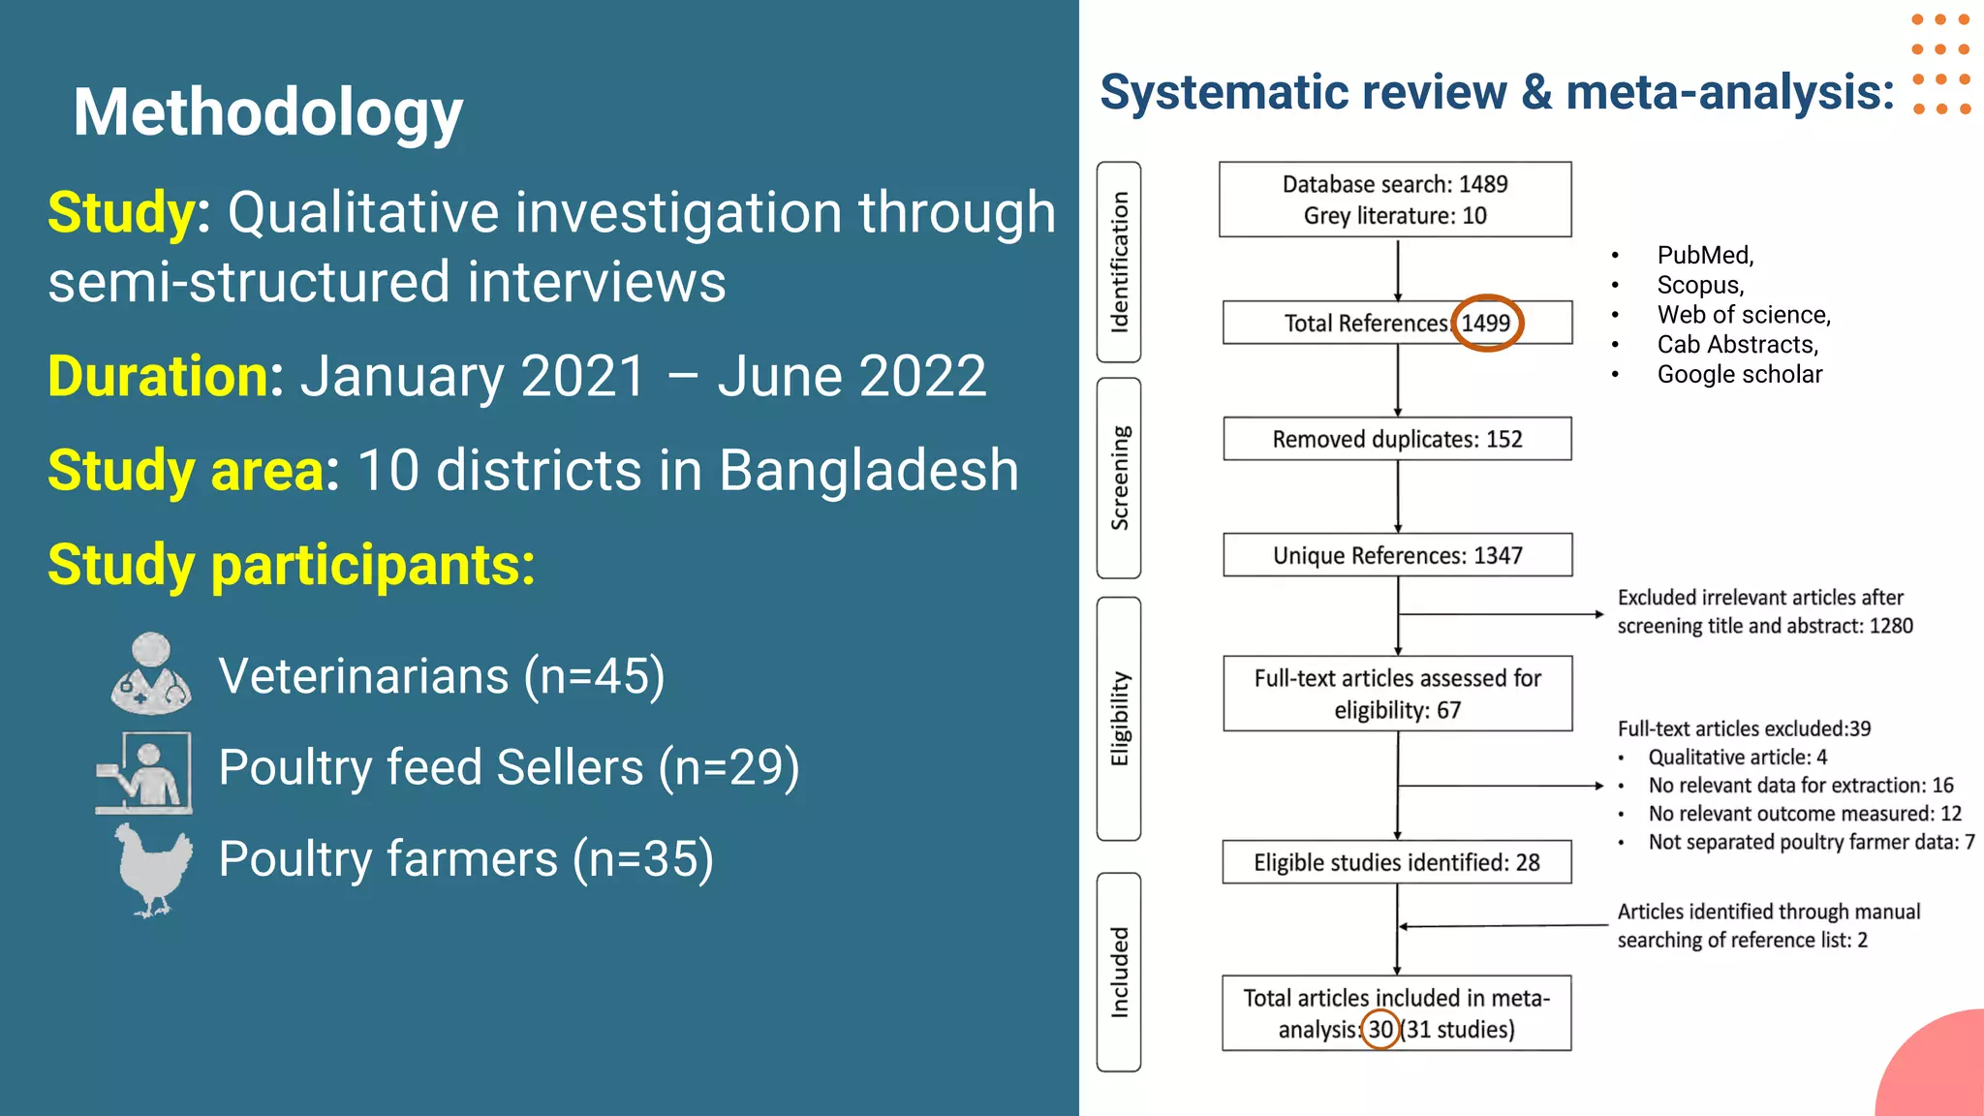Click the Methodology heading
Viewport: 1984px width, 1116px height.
pos(268,112)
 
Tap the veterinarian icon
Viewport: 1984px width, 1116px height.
pos(151,674)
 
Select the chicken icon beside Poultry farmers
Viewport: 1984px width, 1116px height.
pos(153,867)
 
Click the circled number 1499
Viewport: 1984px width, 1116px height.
pos(1486,323)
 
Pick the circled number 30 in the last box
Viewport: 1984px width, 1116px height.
pos(1380,1029)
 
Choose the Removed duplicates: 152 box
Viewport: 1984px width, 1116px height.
pos(1397,439)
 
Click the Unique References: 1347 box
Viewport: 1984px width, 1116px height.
pos(1397,555)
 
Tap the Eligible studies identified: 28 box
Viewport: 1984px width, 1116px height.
pos(1396,862)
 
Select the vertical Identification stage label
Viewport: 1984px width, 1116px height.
pos(1119,262)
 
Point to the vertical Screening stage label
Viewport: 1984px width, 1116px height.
pos(1119,478)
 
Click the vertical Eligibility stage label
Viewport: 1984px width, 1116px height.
pos(1119,718)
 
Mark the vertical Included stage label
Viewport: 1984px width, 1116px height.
pos(1119,972)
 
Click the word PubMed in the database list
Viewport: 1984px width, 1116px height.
pos(1704,255)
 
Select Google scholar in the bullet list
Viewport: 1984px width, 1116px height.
pos(1739,374)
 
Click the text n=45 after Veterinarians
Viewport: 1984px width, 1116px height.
pos(594,676)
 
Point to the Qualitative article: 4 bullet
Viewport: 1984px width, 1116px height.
pos(1737,757)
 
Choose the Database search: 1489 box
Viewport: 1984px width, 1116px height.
pos(1395,200)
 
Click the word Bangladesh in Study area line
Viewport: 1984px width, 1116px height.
pos(869,471)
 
